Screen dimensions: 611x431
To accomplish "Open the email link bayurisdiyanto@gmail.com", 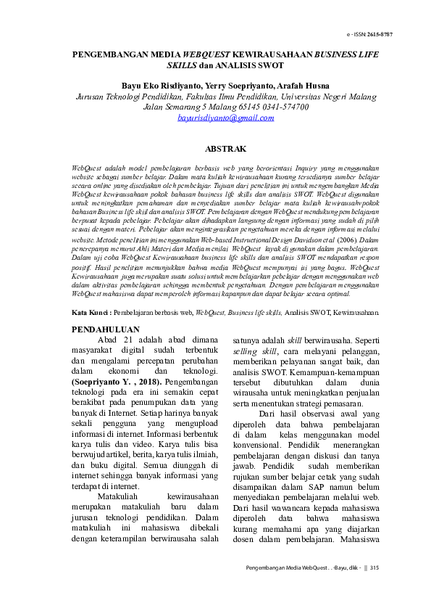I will [x=216, y=117].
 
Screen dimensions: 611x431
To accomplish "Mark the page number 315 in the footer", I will [x=374, y=567].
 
